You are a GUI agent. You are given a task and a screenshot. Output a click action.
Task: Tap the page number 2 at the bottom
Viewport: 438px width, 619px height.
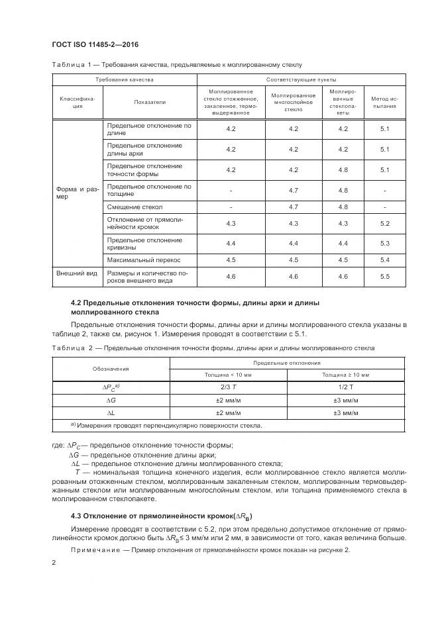pyautogui.click(x=53, y=563)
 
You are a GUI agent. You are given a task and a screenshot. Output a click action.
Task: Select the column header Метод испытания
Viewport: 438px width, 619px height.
pyautogui.click(x=384, y=102)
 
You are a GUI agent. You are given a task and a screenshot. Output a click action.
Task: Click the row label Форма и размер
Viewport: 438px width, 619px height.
pyautogui.click(x=77, y=192)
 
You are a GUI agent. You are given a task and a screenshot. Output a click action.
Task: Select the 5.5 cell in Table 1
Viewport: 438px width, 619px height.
pyautogui.click(x=384, y=276)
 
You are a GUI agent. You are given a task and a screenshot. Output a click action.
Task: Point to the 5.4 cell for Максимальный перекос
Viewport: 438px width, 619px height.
pyautogui.click(x=384, y=260)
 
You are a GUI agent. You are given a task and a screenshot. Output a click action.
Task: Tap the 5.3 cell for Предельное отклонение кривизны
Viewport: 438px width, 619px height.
pyautogui.click(x=384, y=243)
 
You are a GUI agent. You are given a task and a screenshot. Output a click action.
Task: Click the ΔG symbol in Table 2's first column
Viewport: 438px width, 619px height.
pyautogui.click(x=111, y=400)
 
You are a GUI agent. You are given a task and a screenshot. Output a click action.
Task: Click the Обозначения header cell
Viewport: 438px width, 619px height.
pyautogui.click(x=111, y=368)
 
